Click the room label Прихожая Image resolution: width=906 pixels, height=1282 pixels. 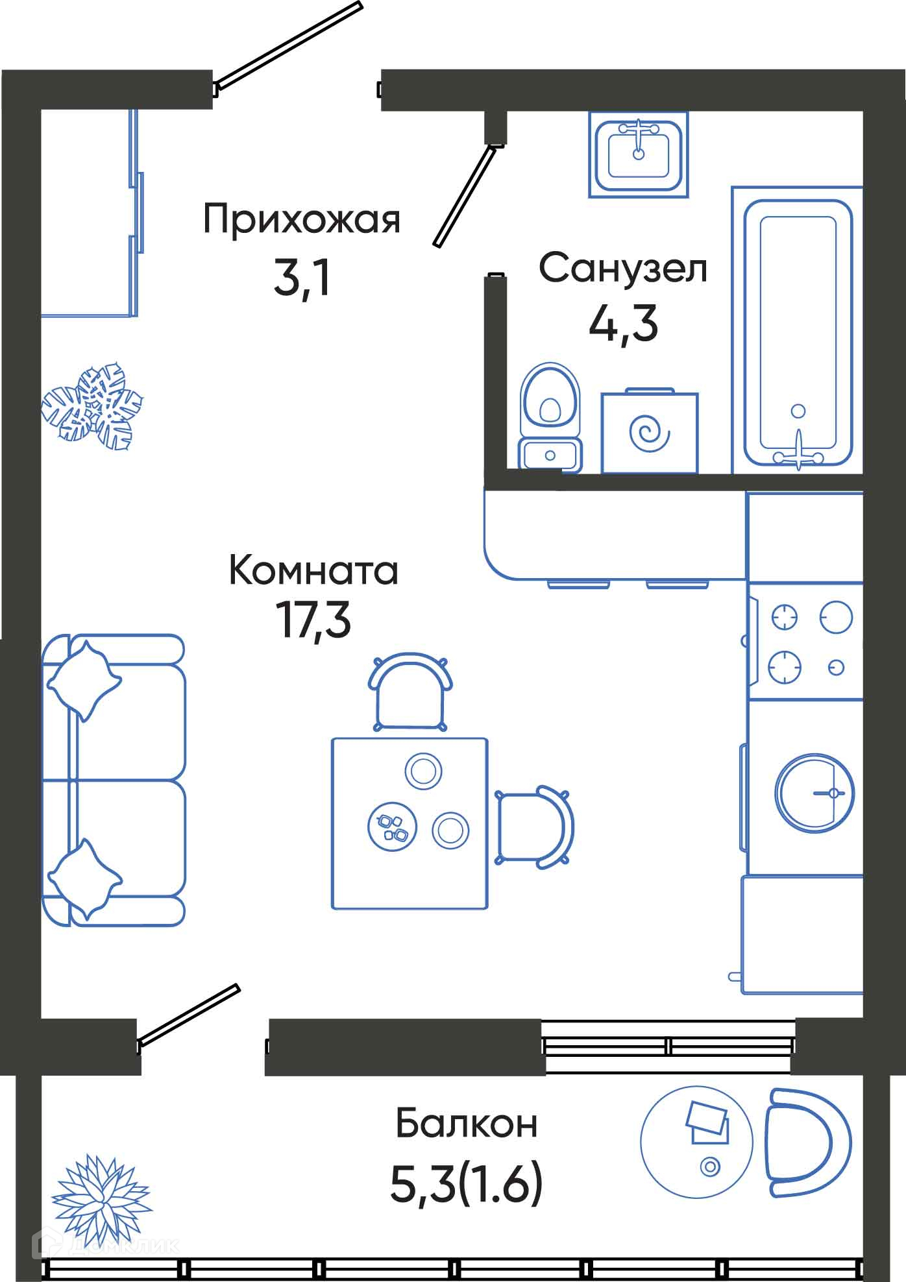pyautogui.click(x=302, y=221)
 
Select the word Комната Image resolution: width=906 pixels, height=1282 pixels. pyautogui.click(x=313, y=571)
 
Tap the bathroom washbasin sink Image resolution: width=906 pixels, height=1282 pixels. pyautogui.click(x=638, y=154)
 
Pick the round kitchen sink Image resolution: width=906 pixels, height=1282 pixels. pyautogui.click(x=814, y=792)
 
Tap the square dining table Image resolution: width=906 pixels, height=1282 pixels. pyautogui.click(x=410, y=823)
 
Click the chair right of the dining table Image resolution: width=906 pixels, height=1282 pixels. pyautogui.click(x=534, y=826)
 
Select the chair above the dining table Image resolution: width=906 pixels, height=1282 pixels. pyautogui.click(x=410, y=692)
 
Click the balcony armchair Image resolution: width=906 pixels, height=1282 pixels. pyautogui.click(x=807, y=1143)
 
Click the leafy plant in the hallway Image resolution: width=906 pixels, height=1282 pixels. pyautogui.click(x=92, y=405)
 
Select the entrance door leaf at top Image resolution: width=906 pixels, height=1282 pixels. pyautogui.click(x=288, y=45)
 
